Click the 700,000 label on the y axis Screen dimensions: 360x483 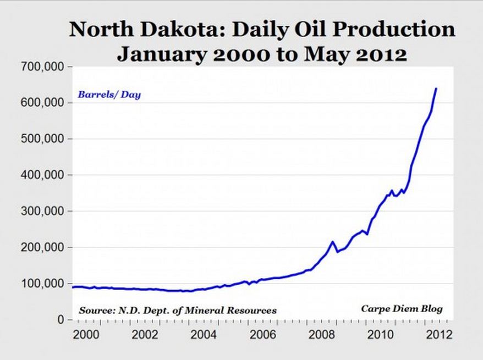click(46, 67)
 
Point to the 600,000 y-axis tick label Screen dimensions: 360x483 click(46, 103)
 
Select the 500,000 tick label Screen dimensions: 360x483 click(46, 139)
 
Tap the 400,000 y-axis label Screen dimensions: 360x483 click(46, 175)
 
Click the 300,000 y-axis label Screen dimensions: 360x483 click(46, 211)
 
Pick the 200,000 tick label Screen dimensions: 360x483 click(46, 247)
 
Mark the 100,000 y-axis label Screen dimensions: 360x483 click(46, 284)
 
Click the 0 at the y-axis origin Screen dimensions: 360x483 click(62, 320)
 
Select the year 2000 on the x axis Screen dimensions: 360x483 click(84, 335)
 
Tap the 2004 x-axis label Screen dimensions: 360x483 click(201, 335)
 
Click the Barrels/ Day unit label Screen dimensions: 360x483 click(109, 95)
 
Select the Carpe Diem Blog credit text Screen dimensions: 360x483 click(402, 308)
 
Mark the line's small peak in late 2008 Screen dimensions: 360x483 click(332, 241)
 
